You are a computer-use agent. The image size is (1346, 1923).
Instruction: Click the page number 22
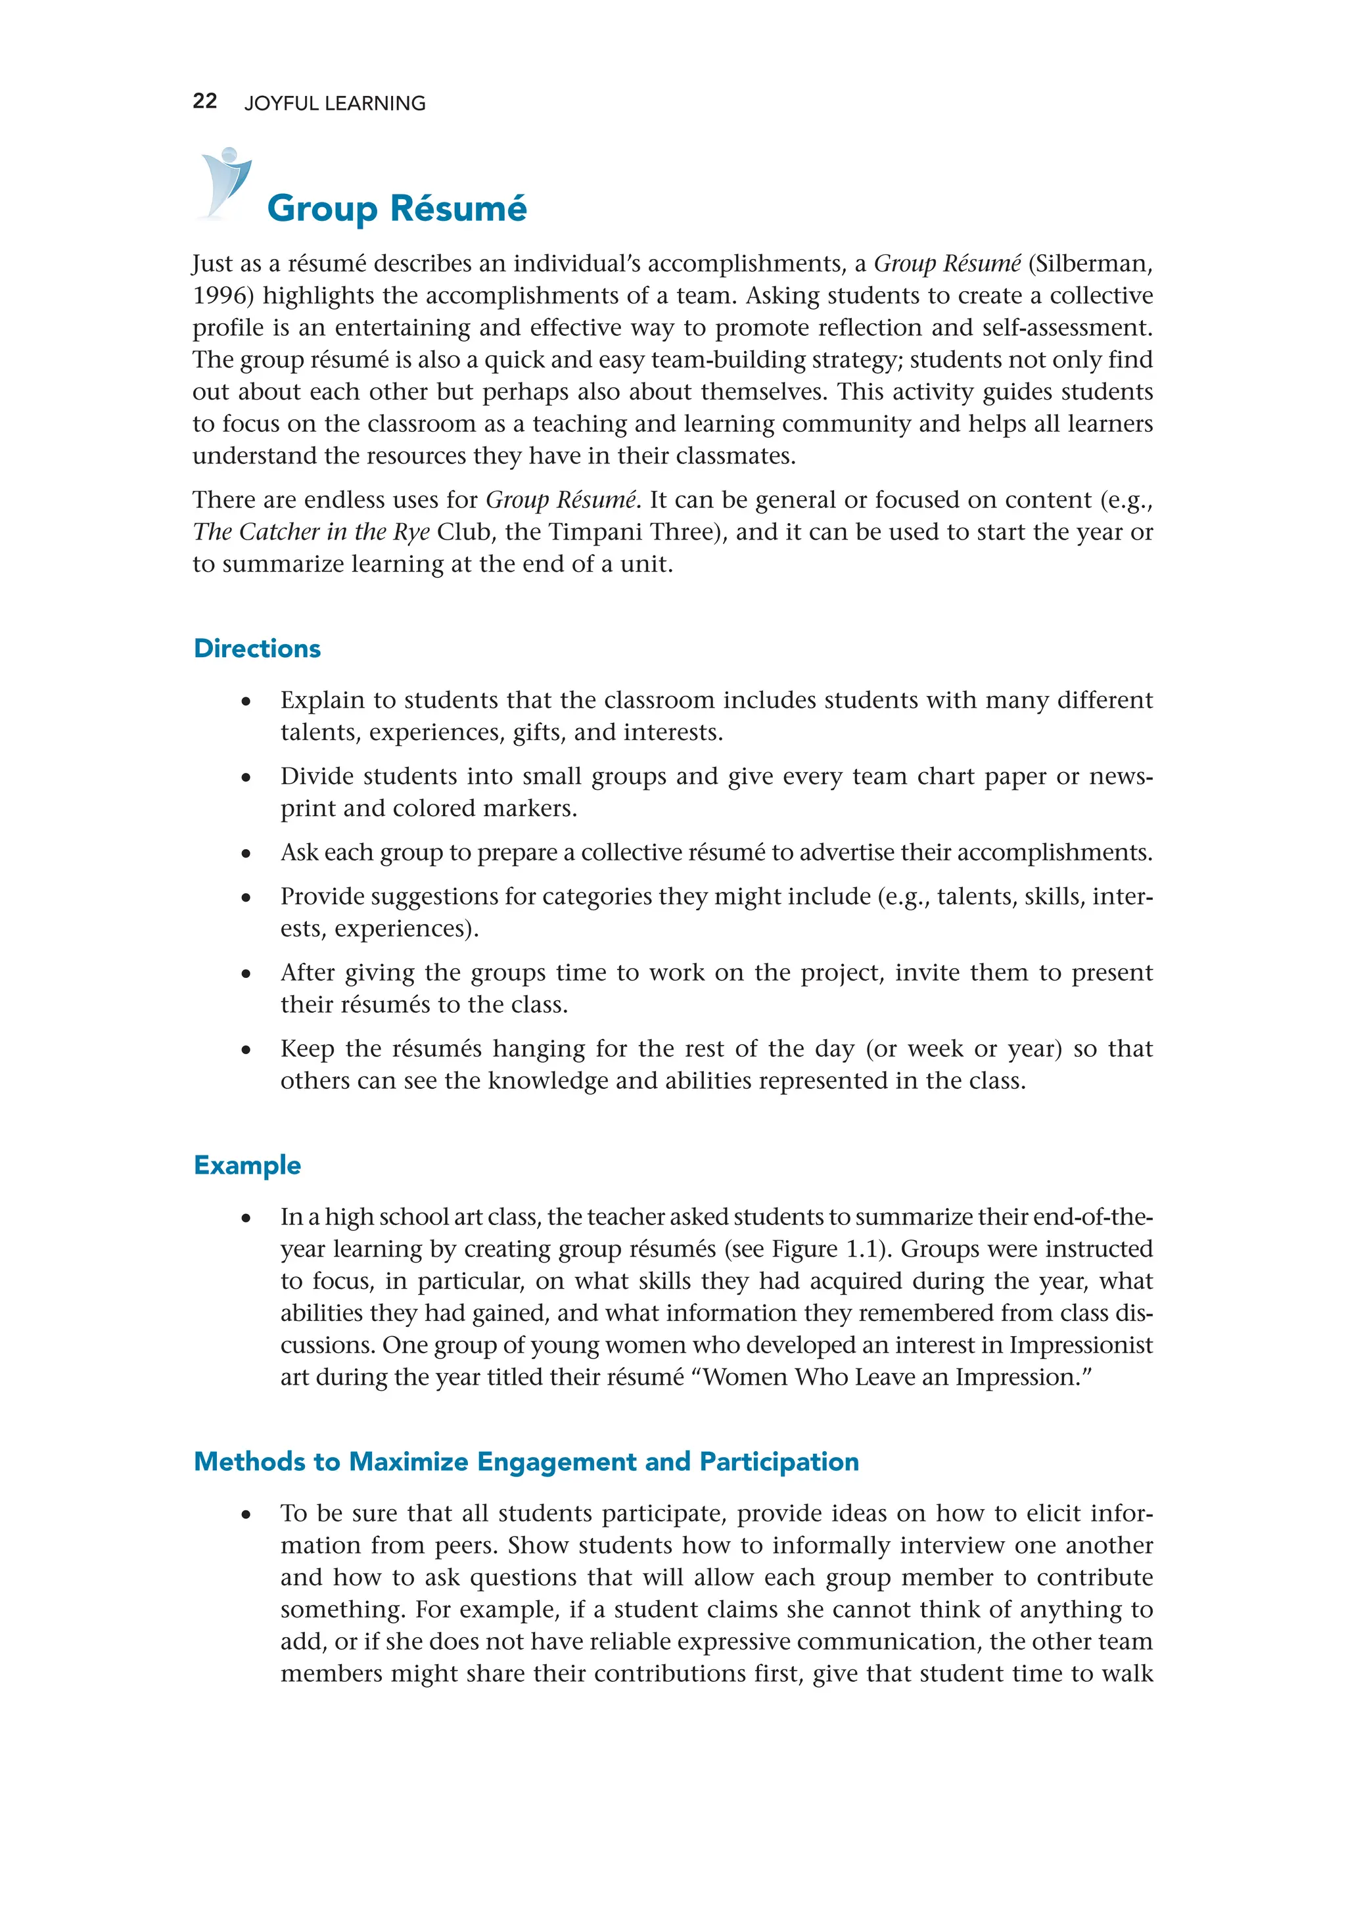pos(204,101)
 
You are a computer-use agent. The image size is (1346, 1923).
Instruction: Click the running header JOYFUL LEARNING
pos(334,103)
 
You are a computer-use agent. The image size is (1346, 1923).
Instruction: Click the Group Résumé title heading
pos(396,208)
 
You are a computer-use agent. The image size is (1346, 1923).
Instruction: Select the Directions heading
pos(256,648)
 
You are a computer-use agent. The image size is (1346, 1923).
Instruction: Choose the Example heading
pos(247,1165)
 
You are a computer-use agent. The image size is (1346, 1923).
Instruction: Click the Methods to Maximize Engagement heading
pos(526,1462)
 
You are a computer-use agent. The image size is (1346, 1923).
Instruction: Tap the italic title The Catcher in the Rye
pos(311,532)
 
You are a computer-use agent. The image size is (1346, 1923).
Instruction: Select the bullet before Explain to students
pos(245,701)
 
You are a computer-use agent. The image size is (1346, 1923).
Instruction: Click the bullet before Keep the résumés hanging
pos(245,1050)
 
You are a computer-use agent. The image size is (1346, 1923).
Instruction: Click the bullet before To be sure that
pos(245,1514)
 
